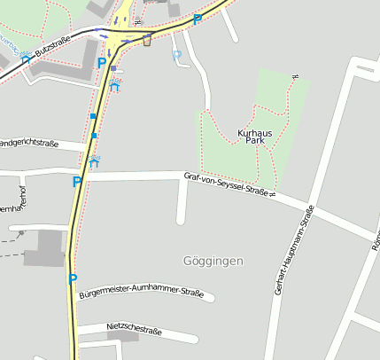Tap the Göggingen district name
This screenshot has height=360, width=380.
coord(212,261)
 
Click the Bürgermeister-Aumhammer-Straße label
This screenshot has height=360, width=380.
coord(141,293)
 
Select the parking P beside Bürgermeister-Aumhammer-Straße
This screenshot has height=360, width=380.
coord(74,278)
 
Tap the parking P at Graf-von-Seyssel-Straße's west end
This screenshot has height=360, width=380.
coord(76,182)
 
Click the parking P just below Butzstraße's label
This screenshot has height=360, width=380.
coord(102,63)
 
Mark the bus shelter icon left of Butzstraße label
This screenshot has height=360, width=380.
coord(25,59)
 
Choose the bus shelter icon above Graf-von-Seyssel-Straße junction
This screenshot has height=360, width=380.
coord(94,162)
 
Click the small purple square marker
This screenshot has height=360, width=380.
coord(113,67)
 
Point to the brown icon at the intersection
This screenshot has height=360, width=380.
coord(147,40)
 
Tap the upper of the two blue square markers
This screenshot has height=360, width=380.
coord(93,116)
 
